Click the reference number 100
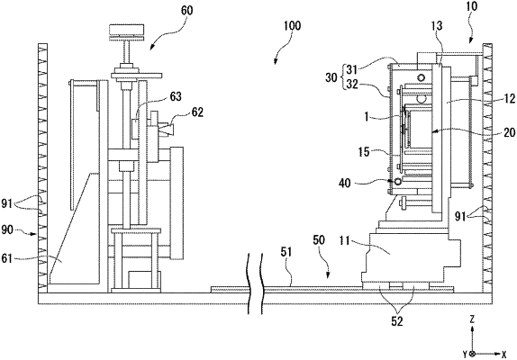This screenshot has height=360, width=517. point(292,26)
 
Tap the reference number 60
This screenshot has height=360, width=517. point(187,11)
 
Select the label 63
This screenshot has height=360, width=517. point(176,97)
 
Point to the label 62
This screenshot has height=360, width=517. point(197,112)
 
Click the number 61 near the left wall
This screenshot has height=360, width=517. point(7,258)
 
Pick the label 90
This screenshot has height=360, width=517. point(7,229)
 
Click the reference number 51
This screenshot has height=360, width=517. point(286,253)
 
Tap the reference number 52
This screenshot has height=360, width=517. point(397,321)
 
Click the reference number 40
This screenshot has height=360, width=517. point(345,183)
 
